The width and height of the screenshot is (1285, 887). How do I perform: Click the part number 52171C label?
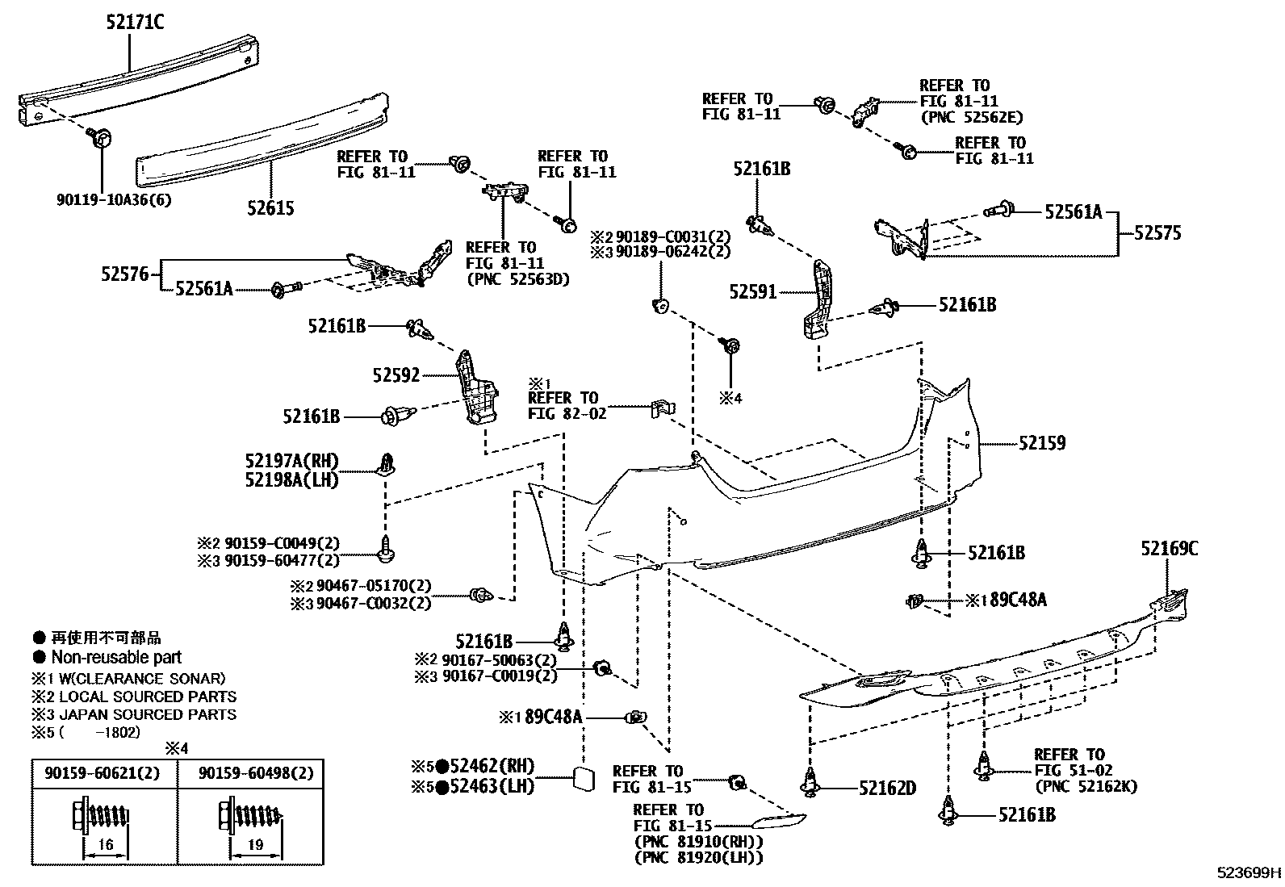pos(134,23)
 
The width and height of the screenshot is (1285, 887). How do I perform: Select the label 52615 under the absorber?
pos(270,208)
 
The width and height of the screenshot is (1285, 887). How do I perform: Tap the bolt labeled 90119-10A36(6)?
pos(102,138)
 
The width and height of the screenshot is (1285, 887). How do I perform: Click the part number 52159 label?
pos(1041,443)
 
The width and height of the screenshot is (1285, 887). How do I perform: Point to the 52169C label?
pos(1169,550)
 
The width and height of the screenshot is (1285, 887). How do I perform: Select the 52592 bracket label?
pos(396,375)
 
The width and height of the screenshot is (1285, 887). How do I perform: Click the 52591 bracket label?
pos(752,291)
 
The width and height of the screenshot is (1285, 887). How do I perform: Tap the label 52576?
pos(125,274)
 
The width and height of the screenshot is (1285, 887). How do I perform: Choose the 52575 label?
pos(1157,233)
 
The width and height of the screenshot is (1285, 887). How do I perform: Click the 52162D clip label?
pos(887,789)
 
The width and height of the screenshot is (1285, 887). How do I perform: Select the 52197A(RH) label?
pos(291,461)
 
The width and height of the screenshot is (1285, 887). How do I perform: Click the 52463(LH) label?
pos(492,785)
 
